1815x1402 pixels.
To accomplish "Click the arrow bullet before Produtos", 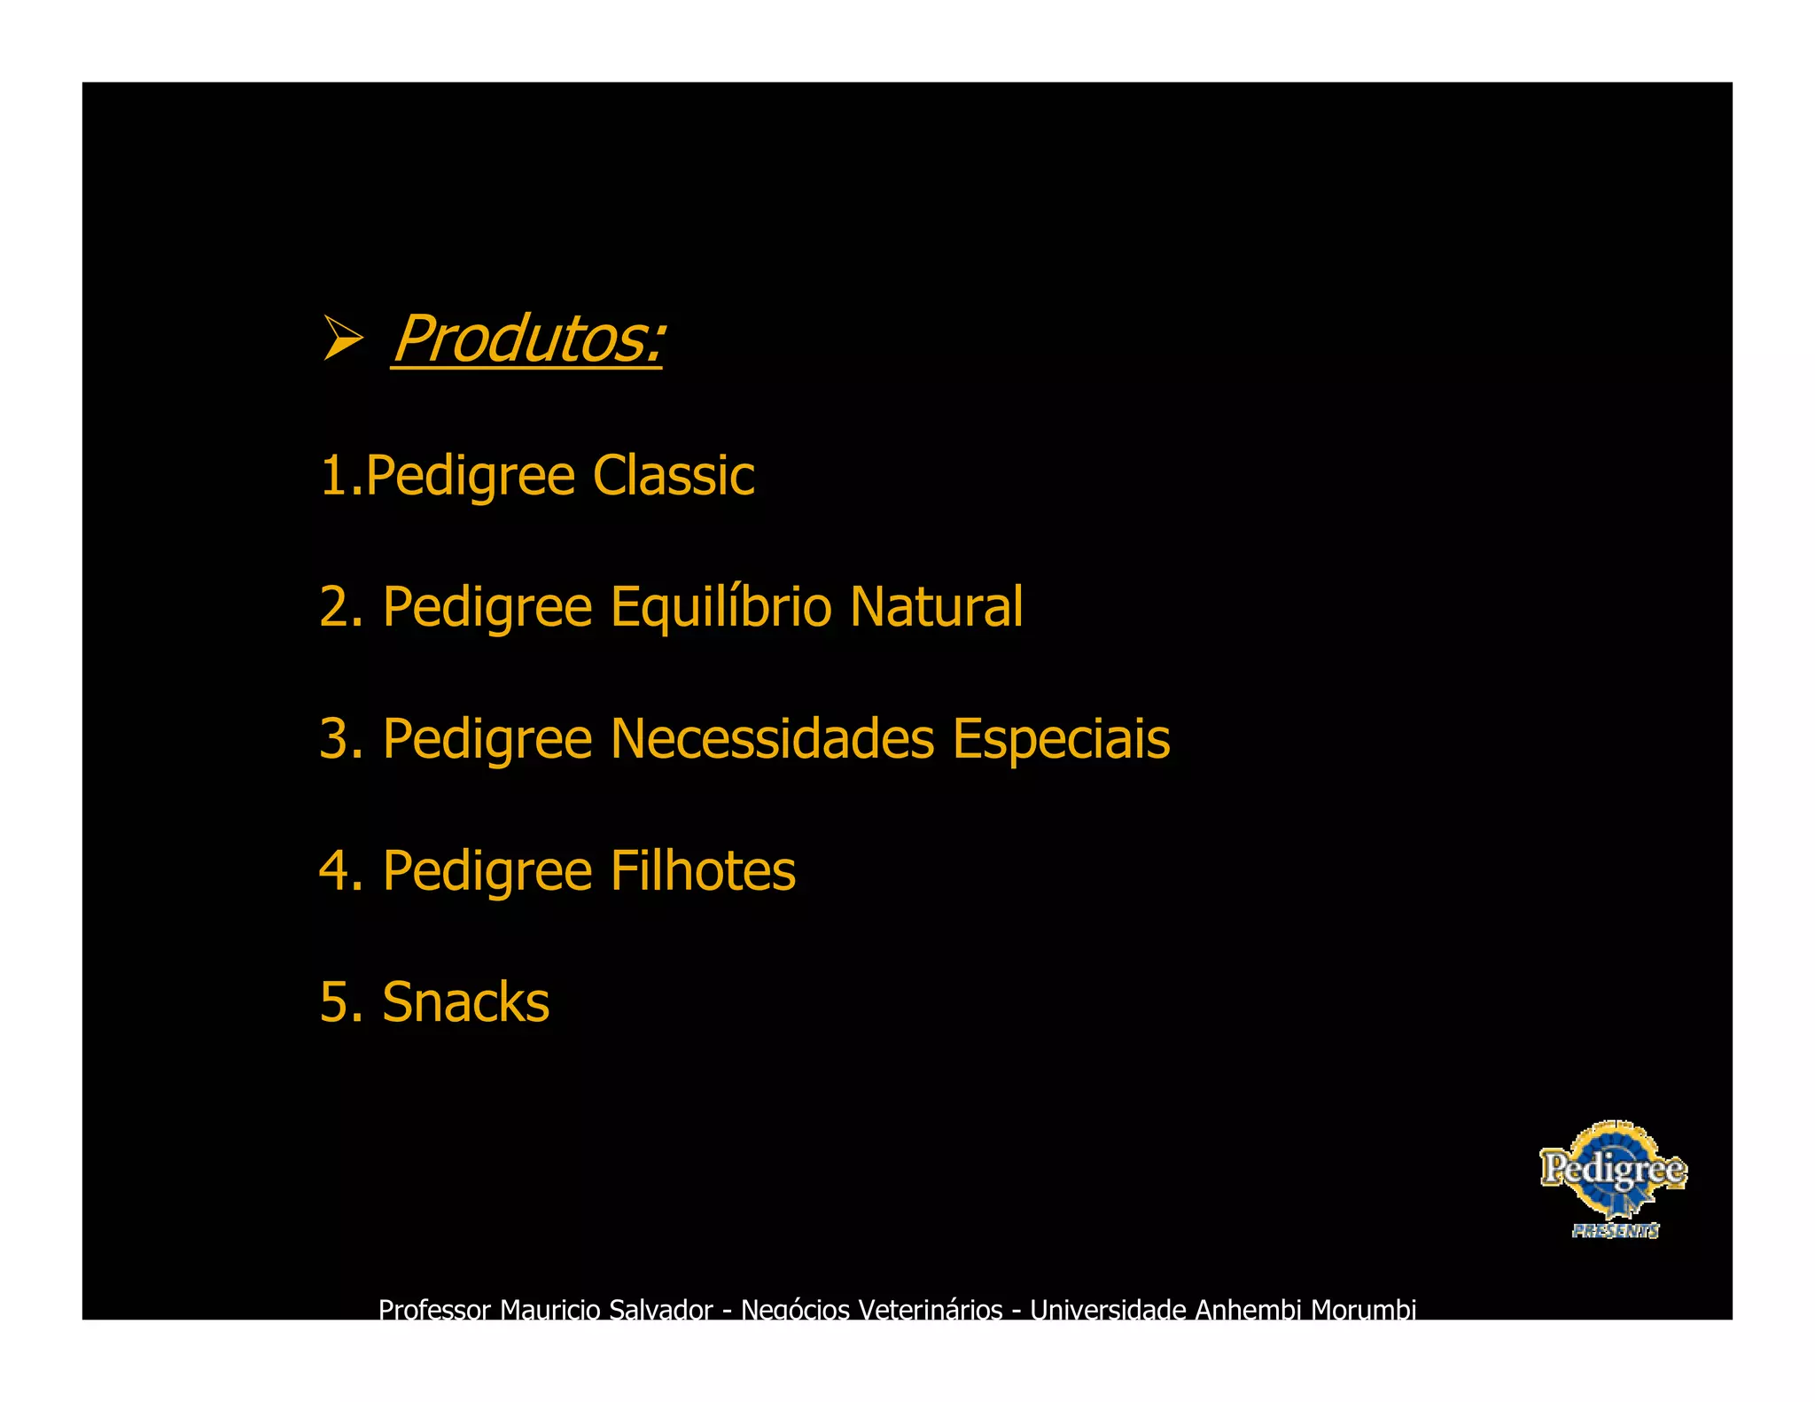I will coord(343,338).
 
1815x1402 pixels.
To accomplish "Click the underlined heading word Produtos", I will coord(527,339).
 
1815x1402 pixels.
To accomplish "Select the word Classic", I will coord(673,476).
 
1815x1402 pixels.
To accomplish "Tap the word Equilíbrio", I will coord(721,608).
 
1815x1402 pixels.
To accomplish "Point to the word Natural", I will coord(936,607).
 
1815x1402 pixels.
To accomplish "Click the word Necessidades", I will coord(772,739).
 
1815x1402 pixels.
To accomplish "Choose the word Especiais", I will coord(1061,739).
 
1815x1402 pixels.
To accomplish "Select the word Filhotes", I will coord(703,870).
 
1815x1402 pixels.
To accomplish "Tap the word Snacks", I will coord(465,1002).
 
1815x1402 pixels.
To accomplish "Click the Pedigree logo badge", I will coord(1613,1170).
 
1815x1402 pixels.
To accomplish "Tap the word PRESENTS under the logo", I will coord(1615,1231).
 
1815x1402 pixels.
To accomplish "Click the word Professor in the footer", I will coord(434,1309).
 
